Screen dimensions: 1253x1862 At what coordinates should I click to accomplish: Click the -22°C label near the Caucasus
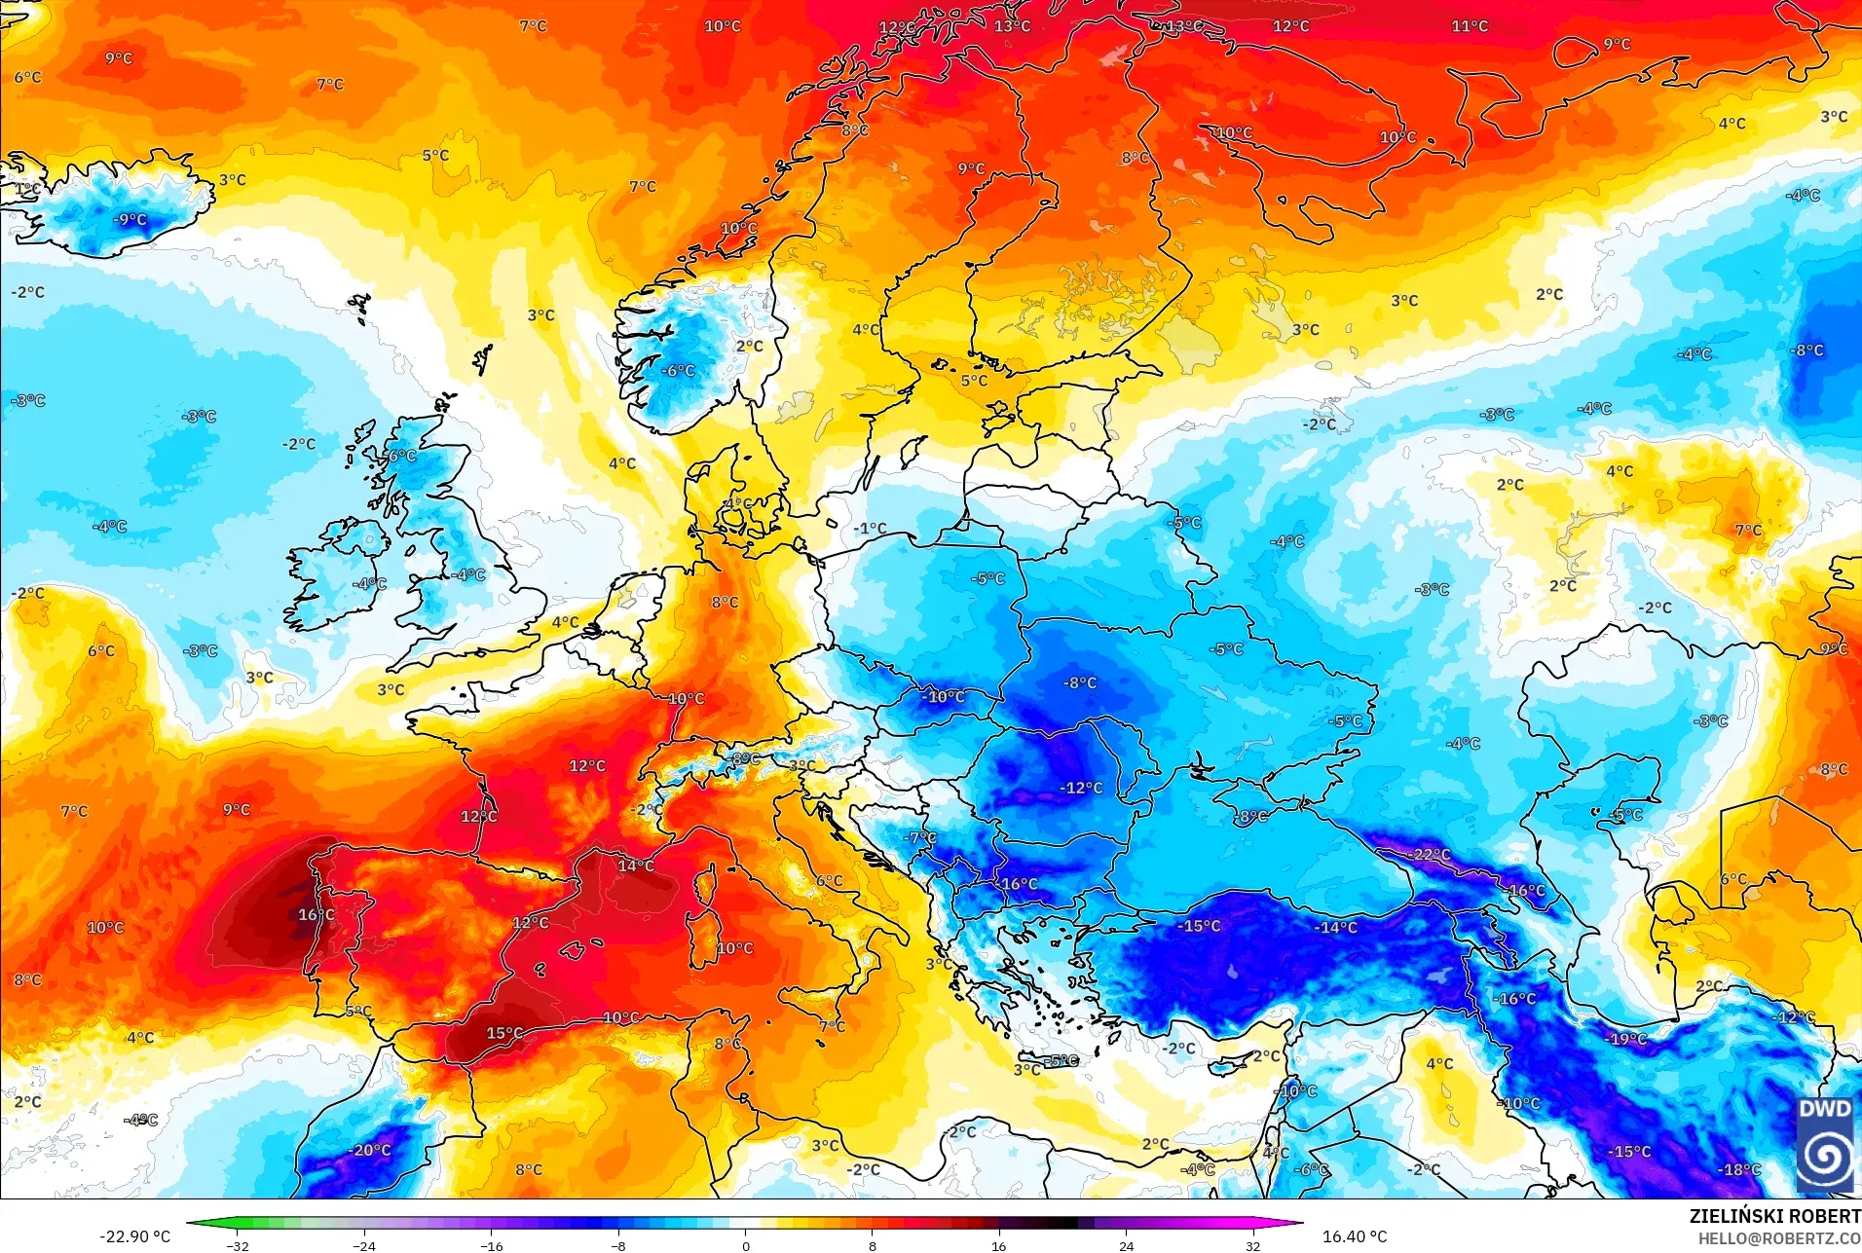1429,855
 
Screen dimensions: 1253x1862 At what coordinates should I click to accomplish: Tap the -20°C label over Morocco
370,1150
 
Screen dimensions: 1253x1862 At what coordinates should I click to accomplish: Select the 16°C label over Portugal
317,915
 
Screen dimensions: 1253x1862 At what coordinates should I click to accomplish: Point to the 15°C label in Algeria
504,1033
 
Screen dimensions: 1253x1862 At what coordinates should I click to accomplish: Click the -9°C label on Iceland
130,219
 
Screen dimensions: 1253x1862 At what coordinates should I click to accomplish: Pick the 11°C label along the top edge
1470,26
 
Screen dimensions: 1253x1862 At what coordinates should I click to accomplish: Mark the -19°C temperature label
1626,1039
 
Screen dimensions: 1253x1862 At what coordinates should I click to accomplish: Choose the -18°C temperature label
1739,1169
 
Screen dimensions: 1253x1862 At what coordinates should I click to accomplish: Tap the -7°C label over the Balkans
919,837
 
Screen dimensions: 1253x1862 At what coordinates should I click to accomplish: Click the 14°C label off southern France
636,866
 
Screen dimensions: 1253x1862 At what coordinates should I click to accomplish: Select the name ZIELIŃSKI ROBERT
1774,1216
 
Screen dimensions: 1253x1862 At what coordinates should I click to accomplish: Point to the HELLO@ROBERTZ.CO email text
1779,1238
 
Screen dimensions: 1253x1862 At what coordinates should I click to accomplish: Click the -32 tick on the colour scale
238,1245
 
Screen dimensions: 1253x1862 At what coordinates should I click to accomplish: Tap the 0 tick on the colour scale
746,1245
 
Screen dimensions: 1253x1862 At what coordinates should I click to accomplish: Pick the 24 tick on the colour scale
1126,1245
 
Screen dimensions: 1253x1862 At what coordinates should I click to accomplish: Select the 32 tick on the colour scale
1252,1245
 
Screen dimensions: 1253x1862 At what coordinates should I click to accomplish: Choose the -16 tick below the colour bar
492,1245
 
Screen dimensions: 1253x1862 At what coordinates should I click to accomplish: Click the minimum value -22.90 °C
134,1236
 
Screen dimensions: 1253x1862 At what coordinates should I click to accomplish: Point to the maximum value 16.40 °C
1354,1236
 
